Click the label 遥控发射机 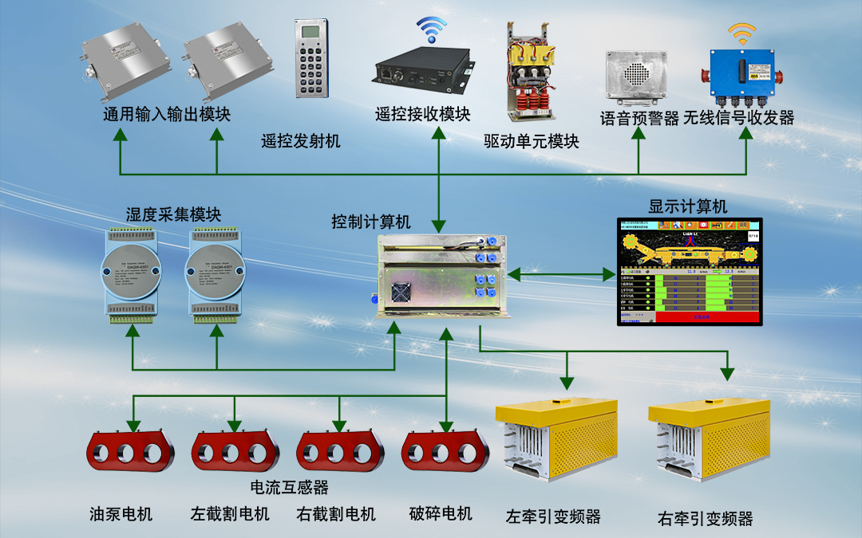[x=301, y=142]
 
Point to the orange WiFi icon [x=741, y=33]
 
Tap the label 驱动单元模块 [x=531, y=143]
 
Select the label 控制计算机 [x=371, y=222]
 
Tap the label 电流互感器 [x=289, y=487]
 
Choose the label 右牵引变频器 [x=705, y=519]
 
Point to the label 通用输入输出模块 [x=167, y=115]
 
